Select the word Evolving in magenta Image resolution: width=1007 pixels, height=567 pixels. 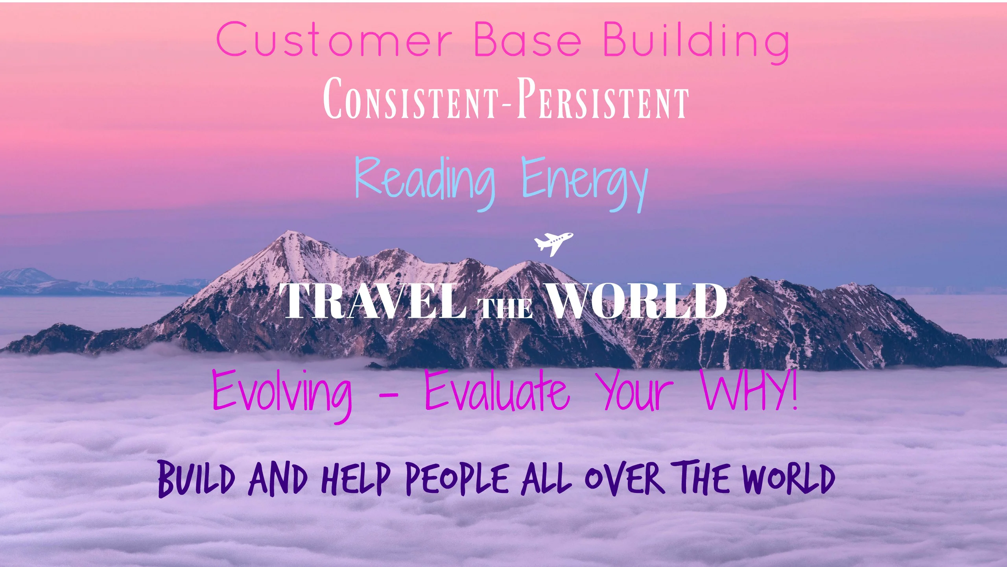pyautogui.click(x=282, y=392)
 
